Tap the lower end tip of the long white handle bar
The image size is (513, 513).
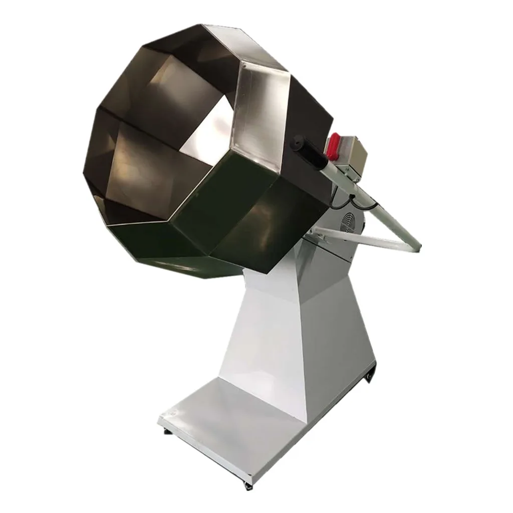pos(417,246)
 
